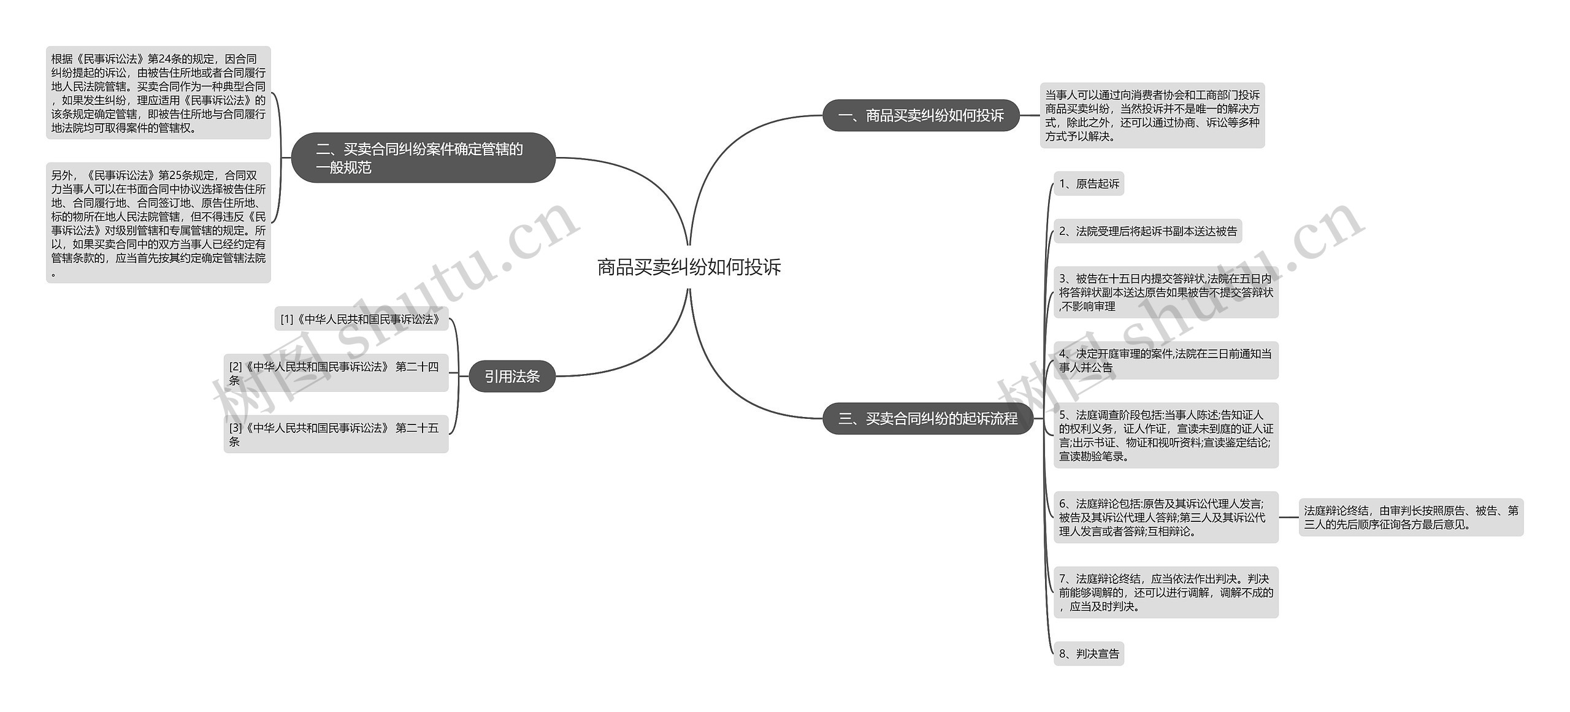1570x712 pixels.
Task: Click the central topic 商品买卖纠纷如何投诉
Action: point(689,267)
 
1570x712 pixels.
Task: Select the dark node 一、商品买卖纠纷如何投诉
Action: point(921,115)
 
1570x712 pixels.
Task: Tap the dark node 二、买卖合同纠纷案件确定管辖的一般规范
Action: point(423,158)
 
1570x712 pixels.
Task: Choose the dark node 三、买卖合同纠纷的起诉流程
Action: point(928,418)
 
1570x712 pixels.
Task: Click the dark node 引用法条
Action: point(512,376)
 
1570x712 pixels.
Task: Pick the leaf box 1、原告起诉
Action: point(1089,183)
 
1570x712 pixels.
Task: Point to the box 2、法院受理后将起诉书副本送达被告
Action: point(1147,231)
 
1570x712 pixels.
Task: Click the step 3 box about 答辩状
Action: point(1166,293)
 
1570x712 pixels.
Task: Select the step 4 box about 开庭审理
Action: point(1166,361)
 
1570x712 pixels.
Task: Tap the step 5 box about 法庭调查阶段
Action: point(1166,435)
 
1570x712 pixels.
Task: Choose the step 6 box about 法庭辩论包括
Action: point(1166,517)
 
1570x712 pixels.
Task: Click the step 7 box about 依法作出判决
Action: point(1166,592)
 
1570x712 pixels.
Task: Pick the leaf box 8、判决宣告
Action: point(1089,654)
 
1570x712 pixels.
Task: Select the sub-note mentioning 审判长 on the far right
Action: point(1411,517)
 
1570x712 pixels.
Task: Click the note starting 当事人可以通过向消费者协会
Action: point(1152,115)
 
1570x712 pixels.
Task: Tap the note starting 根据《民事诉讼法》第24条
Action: point(158,93)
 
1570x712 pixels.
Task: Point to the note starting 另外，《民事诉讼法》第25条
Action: point(158,223)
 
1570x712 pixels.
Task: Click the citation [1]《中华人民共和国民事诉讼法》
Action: point(361,319)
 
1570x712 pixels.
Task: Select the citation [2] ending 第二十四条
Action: point(335,373)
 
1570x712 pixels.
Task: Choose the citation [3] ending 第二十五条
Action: point(335,434)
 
